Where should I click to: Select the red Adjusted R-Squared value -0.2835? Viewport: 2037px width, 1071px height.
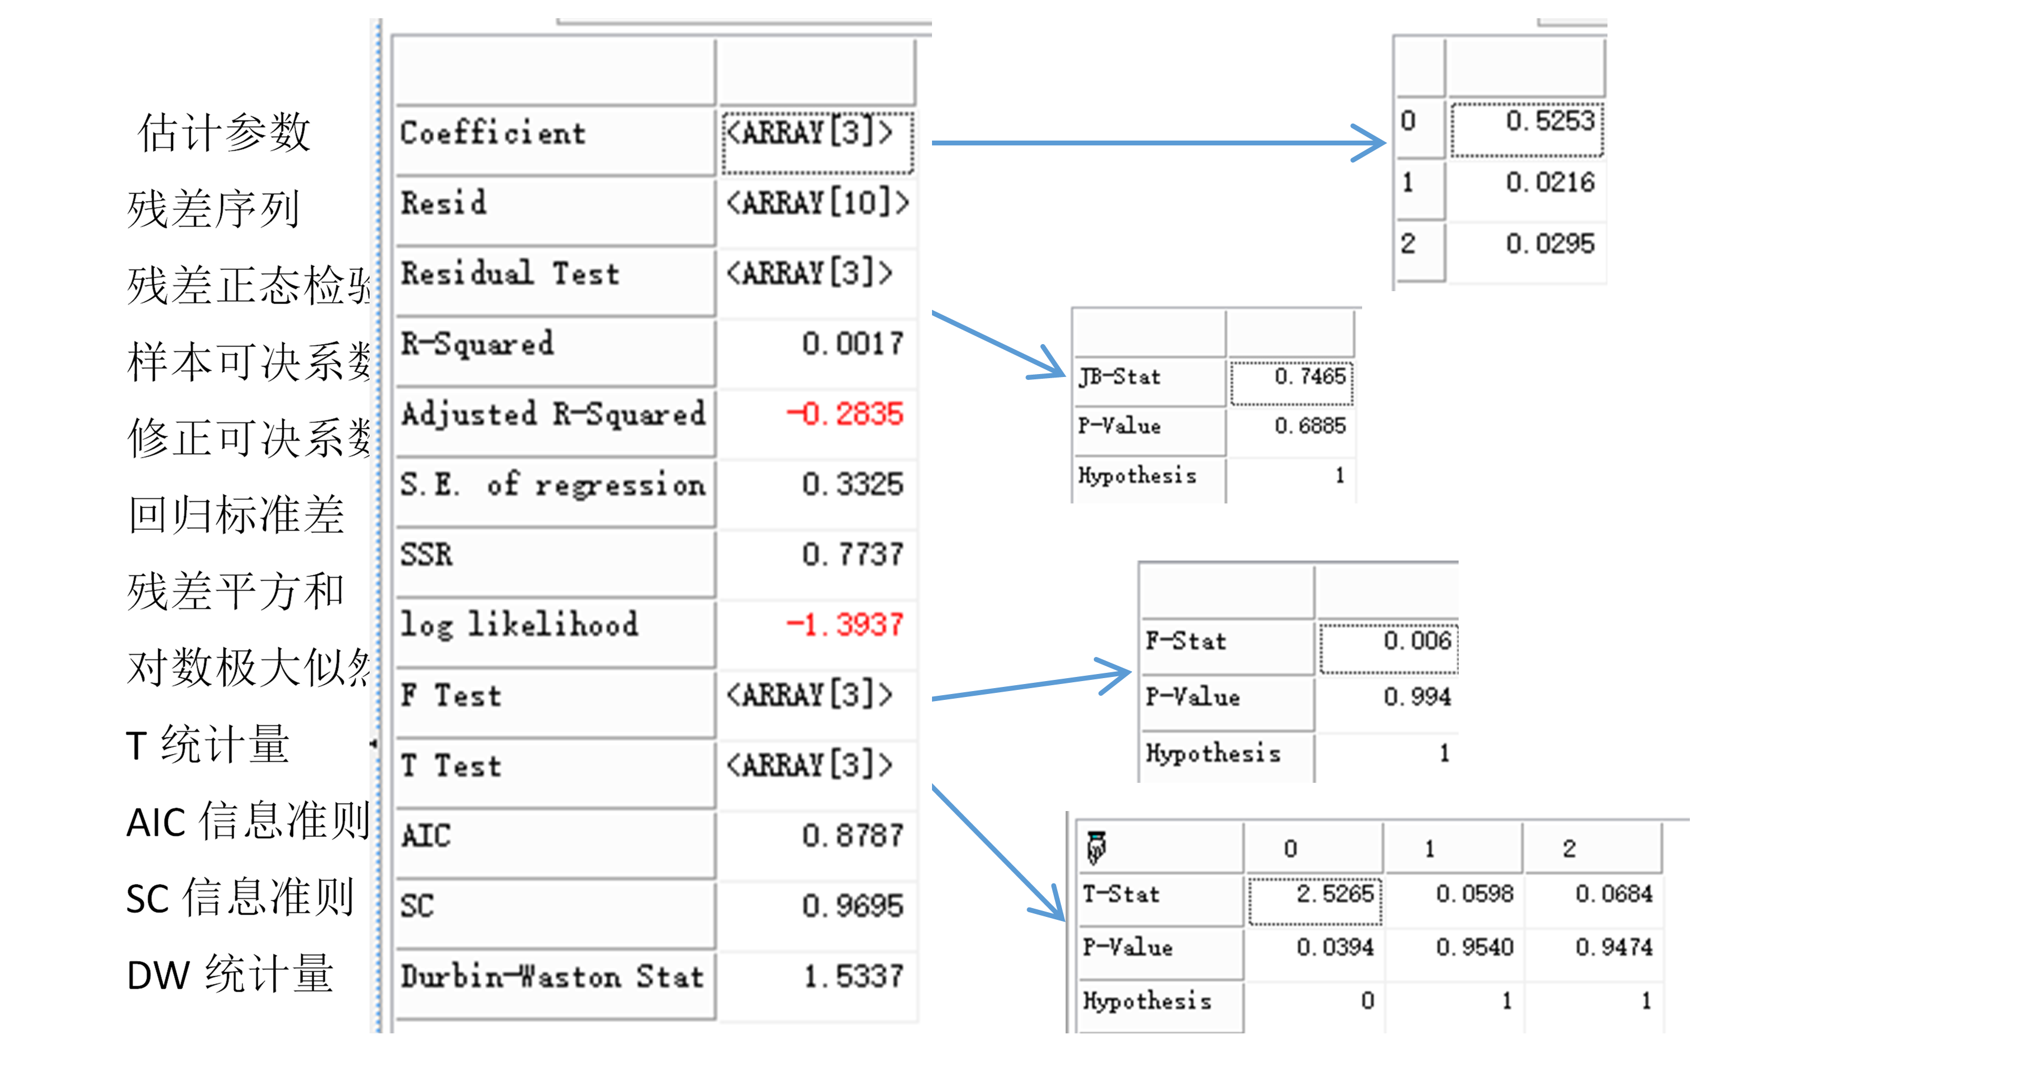844,414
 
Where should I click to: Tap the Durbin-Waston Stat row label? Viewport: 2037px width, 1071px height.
552,977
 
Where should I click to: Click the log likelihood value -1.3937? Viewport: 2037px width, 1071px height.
844,625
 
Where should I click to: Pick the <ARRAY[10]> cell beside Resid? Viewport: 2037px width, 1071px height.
818,203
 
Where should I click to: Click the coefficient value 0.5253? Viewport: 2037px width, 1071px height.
1549,121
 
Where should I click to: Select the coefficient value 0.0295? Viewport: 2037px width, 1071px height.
1549,244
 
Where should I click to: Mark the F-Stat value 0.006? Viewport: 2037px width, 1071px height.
1417,641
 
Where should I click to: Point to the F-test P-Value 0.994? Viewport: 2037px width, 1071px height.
1417,697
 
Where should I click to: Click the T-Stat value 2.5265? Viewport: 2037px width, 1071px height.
1335,894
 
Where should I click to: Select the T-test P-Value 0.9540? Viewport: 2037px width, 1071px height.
1474,947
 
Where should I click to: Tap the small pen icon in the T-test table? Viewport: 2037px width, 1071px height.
1096,848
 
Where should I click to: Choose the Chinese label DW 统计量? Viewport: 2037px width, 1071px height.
229,975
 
